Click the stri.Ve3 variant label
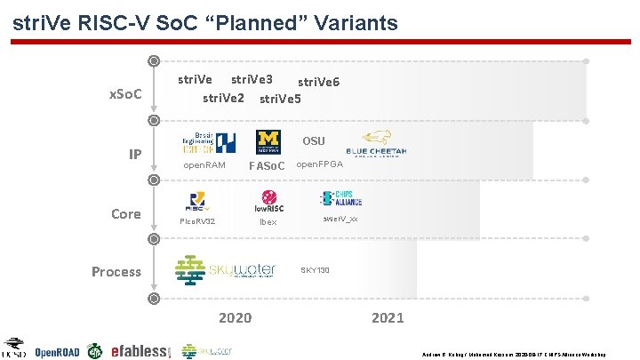point(252,79)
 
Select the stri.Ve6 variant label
point(318,82)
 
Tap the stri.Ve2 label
point(223,97)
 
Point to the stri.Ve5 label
point(280,98)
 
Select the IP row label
point(134,155)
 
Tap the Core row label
point(125,213)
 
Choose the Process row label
point(116,271)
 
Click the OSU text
point(314,141)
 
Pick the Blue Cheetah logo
point(377,144)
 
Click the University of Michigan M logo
point(268,141)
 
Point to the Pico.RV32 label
point(197,220)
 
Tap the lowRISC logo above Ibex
point(268,203)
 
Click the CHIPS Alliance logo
point(339,198)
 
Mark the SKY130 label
point(315,269)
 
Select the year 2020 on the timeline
point(235,317)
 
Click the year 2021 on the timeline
point(387,317)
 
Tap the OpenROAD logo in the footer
point(57,352)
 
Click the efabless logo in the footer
point(139,352)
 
